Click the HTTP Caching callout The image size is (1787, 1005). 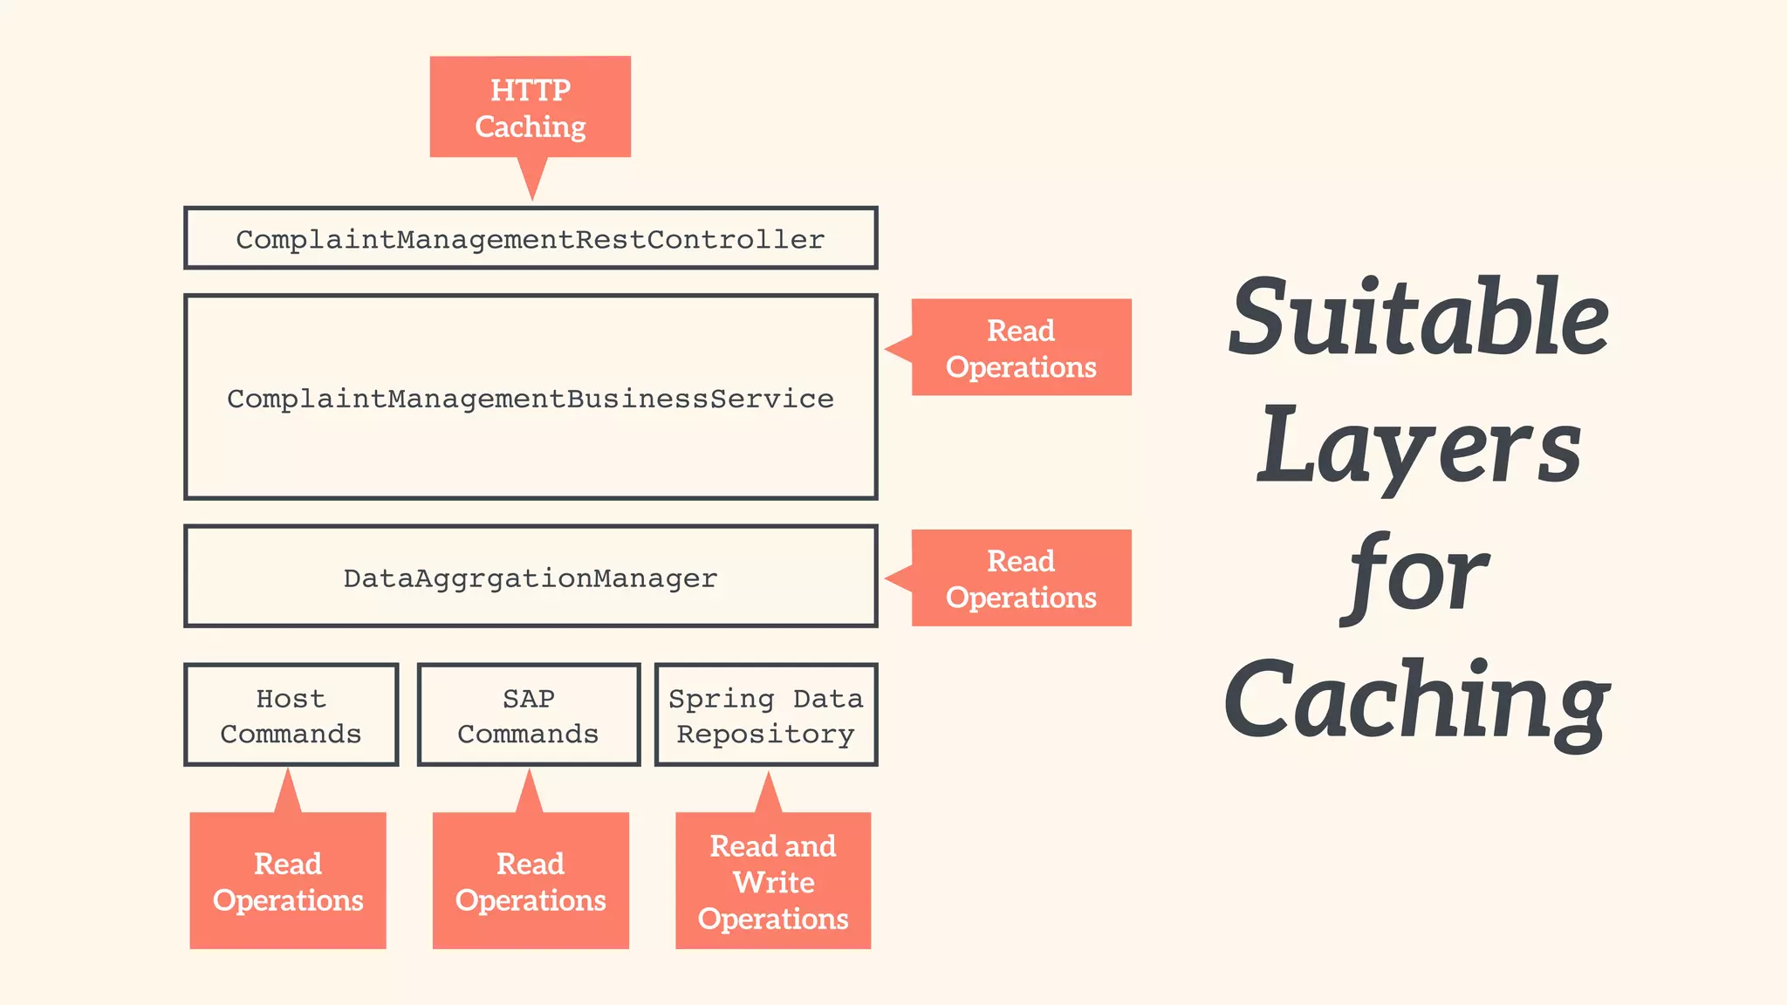coord(531,107)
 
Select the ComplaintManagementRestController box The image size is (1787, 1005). coord(531,238)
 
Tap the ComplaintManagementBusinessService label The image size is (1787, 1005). coord(531,399)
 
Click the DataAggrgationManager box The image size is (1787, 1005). coord(531,577)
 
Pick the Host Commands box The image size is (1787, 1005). coord(291,715)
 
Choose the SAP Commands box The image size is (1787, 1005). coord(529,715)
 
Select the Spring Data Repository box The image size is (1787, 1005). coord(766,715)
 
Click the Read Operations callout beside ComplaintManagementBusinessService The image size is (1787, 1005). coord(1021,348)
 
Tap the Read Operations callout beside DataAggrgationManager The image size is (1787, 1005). coord(1021,578)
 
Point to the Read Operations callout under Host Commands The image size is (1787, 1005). coord(288,881)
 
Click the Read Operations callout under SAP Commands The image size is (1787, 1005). coord(531,881)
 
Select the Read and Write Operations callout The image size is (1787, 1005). coord(773,881)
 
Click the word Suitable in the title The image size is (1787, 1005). coord(1418,318)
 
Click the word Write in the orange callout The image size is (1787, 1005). coord(774,882)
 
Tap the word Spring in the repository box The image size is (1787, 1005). coord(721,699)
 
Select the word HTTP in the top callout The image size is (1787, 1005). coord(531,90)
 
